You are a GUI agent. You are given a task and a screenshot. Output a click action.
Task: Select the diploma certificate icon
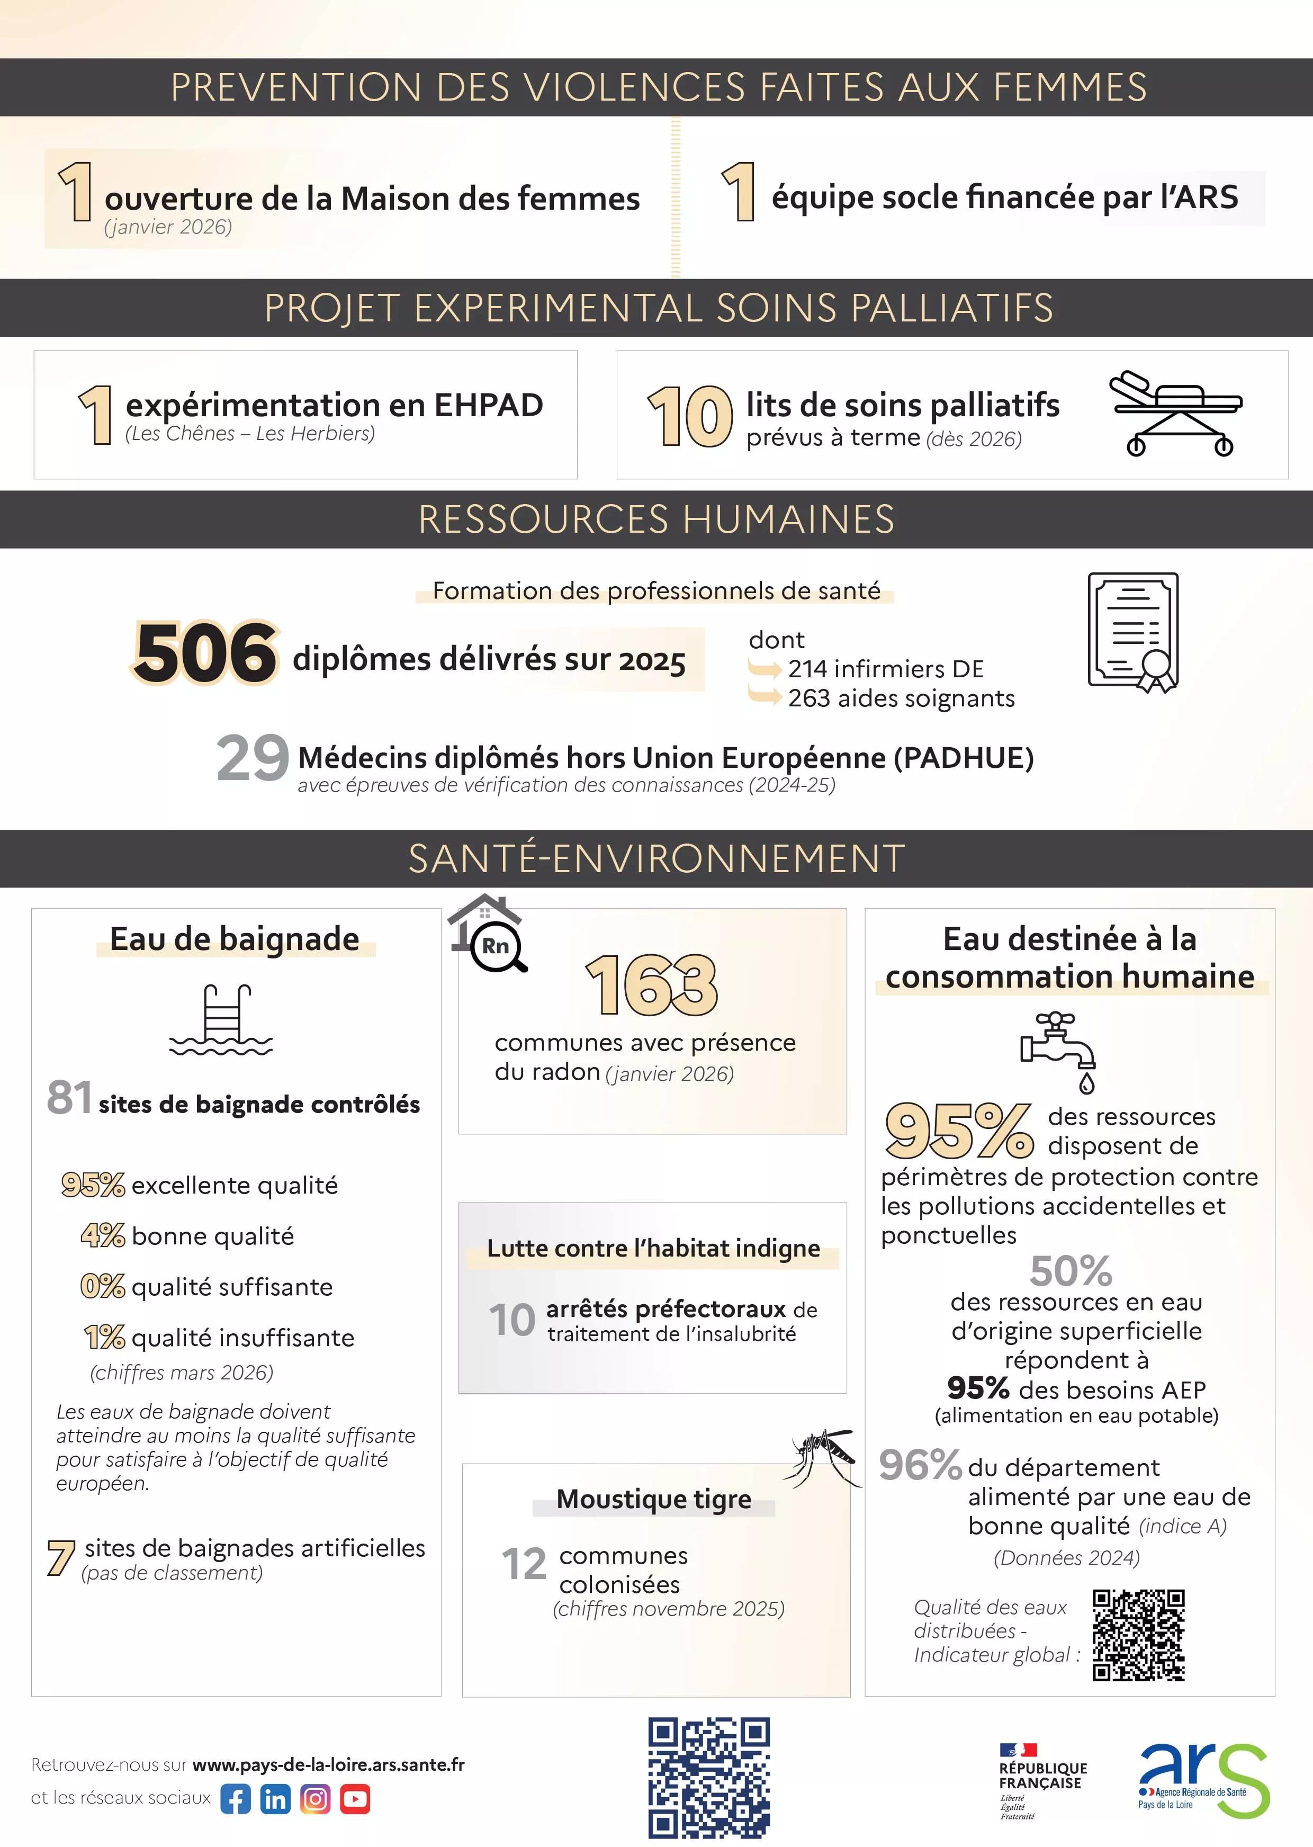pos(1132,632)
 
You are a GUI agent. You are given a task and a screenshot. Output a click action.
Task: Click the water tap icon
pos(1059,1050)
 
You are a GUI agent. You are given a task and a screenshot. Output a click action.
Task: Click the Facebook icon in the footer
pos(235,1799)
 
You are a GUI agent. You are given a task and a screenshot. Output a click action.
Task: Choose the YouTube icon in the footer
pos(355,1799)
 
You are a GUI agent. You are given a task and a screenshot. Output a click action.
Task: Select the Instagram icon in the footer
pos(316,1799)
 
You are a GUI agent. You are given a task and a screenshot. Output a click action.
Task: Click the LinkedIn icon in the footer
pos(275,1799)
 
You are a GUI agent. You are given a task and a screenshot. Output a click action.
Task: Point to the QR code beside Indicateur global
pos(1138,1635)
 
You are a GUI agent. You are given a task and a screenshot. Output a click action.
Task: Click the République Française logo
pos(1042,1780)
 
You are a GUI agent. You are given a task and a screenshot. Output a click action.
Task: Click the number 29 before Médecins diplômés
pos(252,758)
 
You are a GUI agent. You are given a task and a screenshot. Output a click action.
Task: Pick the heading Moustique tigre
pos(653,1499)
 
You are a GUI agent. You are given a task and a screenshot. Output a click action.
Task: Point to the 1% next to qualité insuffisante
pos(104,1337)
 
